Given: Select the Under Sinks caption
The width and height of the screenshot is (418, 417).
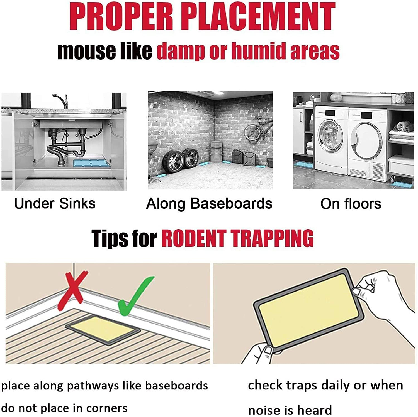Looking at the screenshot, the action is (55, 203).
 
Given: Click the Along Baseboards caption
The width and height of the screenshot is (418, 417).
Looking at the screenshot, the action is (209, 204).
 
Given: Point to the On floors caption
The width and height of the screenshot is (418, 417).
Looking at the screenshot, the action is (351, 204).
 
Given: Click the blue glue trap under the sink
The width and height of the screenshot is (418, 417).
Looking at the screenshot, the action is (92, 163).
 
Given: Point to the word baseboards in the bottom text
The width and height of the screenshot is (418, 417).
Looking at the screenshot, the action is (177, 386).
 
